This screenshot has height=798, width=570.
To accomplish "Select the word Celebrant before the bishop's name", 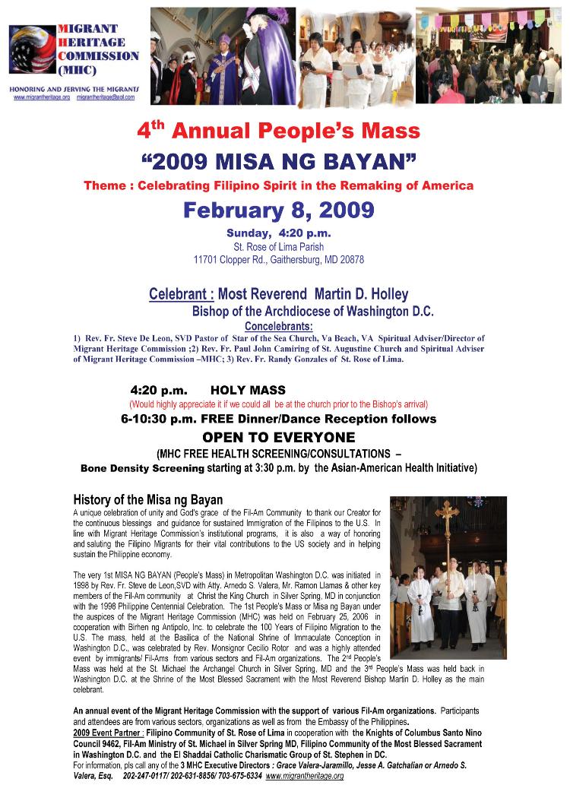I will [178, 293].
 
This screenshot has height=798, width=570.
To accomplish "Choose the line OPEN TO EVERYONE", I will [278, 437].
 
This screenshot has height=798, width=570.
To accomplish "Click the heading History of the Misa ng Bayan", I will [147, 499].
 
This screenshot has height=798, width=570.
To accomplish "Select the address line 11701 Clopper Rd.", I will [278, 259].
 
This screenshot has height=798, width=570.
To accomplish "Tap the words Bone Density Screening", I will [142, 468].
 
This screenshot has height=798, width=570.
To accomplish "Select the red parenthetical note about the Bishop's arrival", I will [278, 404].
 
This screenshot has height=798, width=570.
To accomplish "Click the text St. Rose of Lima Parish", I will [278, 246].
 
